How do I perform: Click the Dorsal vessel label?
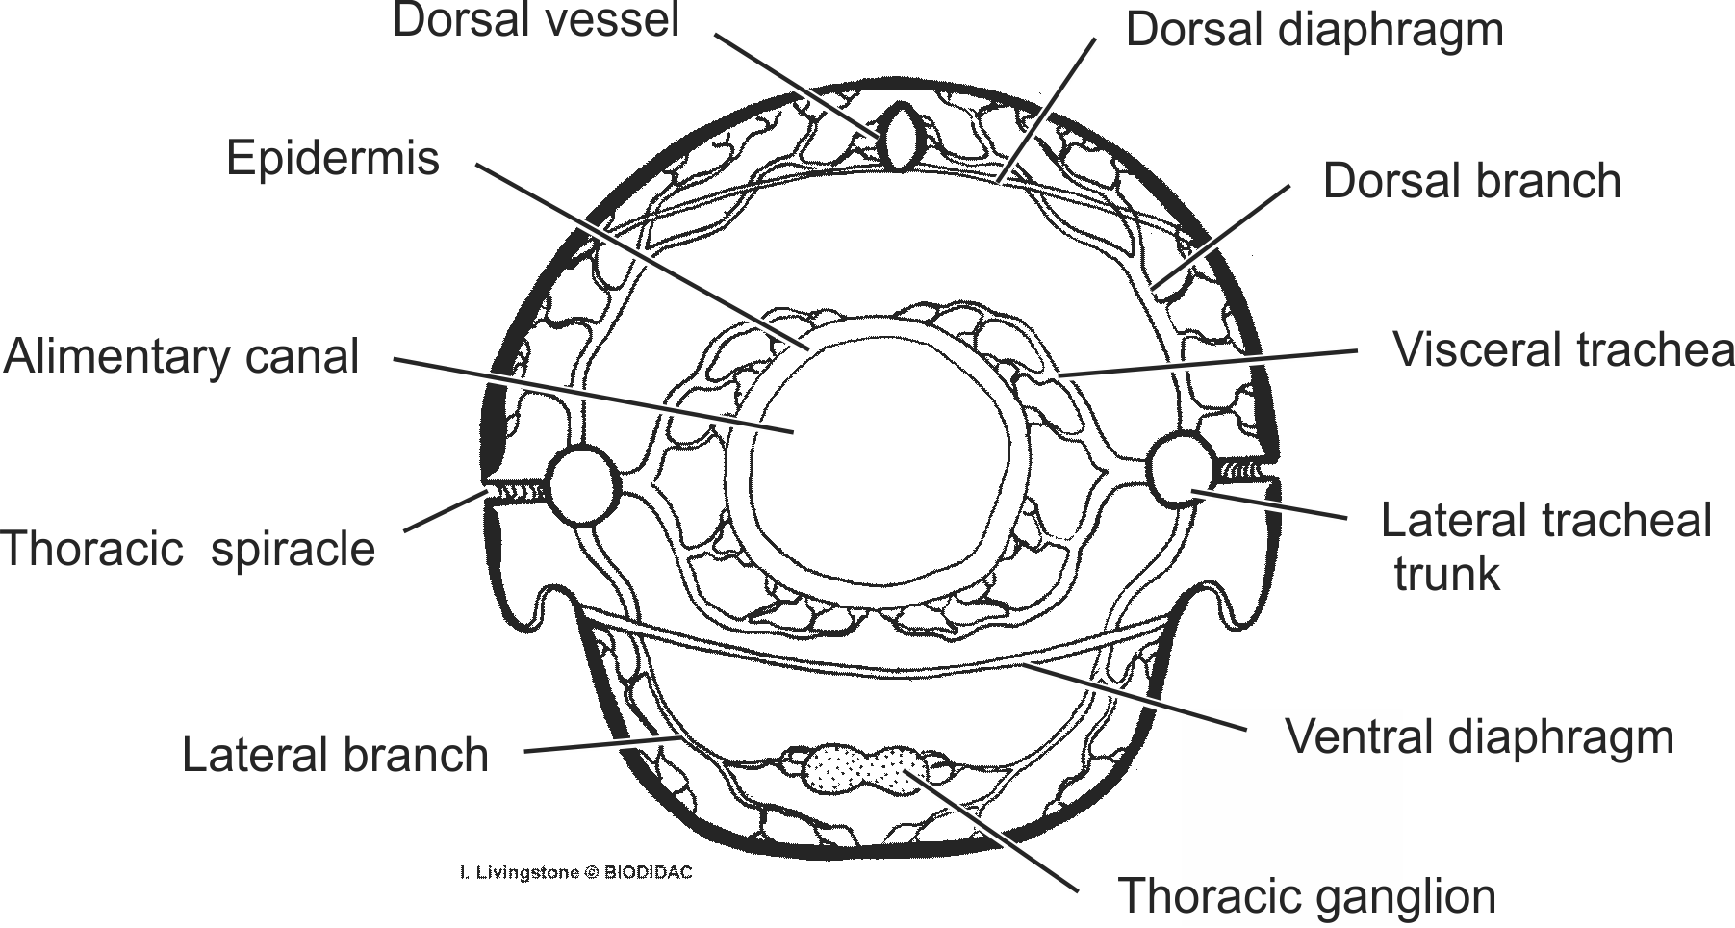pyautogui.click(x=536, y=21)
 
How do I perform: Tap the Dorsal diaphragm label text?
pyautogui.click(x=1314, y=30)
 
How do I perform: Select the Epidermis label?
pyautogui.click(x=332, y=159)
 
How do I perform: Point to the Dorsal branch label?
pyautogui.click(x=1471, y=181)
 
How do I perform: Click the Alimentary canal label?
pyautogui.click(x=182, y=357)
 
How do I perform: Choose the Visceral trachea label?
pyautogui.click(x=1564, y=350)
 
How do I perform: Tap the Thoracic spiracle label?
pyautogui.click(x=189, y=550)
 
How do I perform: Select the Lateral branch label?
pyautogui.click(x=335, y=755)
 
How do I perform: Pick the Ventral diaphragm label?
pyautogui.click(x=1479, y=737)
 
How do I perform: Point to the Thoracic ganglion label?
pyautogui.click(x=1306, y=896)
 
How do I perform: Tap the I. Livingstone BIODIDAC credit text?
pyautogui.click(x=575, y=873)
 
